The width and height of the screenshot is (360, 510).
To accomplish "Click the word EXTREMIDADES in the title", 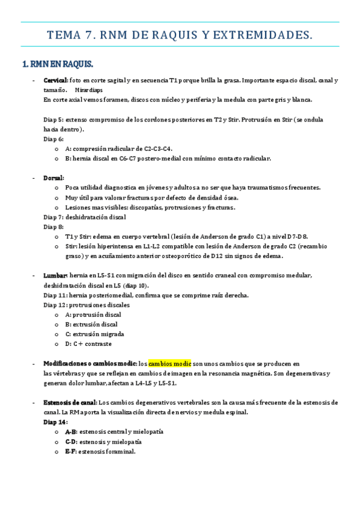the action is (x=260, y=35).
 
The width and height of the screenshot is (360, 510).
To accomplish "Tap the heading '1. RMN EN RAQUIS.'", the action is (x=57, y=64).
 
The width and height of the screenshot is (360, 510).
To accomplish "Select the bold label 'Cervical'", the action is (x=55, y=81).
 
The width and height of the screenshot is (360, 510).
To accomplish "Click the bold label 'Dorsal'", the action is (x=53, y=178).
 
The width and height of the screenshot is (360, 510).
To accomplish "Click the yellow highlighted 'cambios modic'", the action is (x=169, y=364).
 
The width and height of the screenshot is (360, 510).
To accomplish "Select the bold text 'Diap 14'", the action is (x=55, y=422).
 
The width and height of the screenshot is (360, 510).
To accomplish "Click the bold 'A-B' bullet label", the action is (x=72, y=432).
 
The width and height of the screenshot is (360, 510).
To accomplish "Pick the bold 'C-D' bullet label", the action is (x=72, y=441).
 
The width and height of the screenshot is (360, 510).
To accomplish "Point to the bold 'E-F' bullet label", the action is (x=72, y=451).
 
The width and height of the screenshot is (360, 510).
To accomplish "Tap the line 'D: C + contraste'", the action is (x=88, y=344).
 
